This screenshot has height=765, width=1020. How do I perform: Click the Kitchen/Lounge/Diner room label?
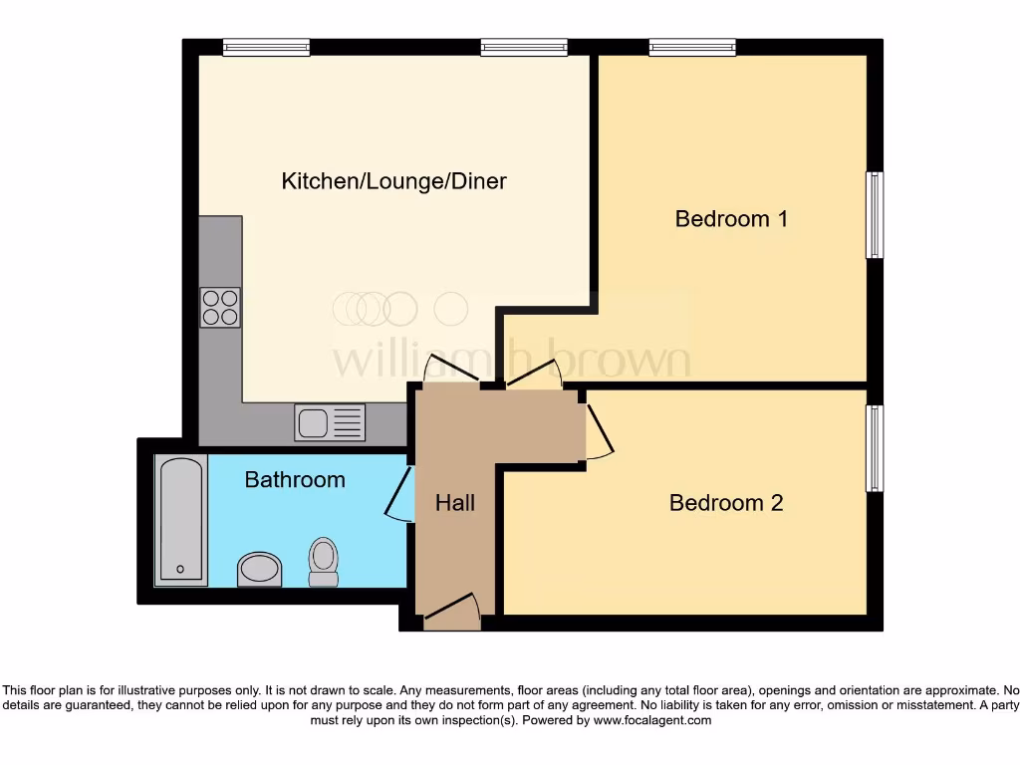click(x=393, y=181)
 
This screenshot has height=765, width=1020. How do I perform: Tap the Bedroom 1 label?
click(x=731, y=218)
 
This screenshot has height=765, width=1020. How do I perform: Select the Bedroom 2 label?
click(x=726, y=503)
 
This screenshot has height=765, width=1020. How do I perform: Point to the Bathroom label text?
click(x=295, y=479)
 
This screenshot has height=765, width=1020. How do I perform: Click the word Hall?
click(x=455, y=503)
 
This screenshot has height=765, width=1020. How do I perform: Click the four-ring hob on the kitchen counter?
click(x=220, y=307)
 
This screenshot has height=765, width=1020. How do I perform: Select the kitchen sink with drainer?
click(x=330, y=422)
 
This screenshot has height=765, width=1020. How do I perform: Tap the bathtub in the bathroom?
click(x=181, y=519)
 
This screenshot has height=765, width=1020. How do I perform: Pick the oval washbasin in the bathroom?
click(x=260, y=569)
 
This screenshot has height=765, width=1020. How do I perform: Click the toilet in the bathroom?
click(x=324, y=563)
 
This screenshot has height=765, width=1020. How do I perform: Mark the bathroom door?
click(x=398, y=494)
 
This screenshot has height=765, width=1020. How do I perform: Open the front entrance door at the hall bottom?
click(x=452, y=612)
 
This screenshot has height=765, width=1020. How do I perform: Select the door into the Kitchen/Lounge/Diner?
click(x=450, y=370)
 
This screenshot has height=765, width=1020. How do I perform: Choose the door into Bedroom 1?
click(x=535, y=374)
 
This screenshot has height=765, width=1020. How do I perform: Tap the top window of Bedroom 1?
click(x=692, y=47)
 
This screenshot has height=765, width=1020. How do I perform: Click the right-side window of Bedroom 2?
click(x=875, y=448)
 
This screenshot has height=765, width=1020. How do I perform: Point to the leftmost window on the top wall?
click(x=266, y=47)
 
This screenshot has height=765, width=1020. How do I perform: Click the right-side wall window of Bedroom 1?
click(x=875, y=215)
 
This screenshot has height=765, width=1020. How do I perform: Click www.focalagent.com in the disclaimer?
click(x=652, y=720)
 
